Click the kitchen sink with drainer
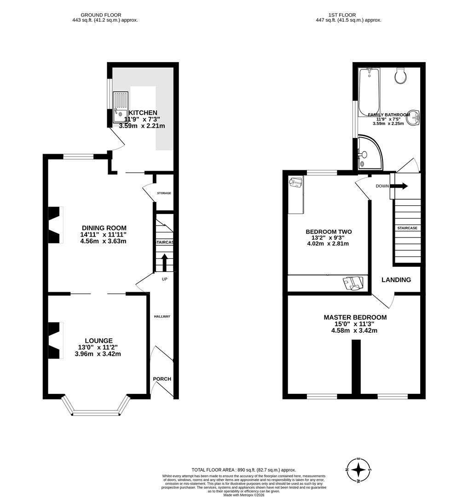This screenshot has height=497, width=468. coord(121,105)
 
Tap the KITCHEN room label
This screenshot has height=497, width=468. coord(143,113)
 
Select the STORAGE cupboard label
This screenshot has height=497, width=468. coord(164,193)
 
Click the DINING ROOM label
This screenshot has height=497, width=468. coord(104,228)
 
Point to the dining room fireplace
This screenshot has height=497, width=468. coord(55,225)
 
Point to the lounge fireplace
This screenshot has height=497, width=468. coord(55,340)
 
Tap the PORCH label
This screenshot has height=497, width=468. coord(162,379)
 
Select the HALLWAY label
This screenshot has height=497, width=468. coord(162,317)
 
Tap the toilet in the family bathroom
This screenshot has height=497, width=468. coord(401,76)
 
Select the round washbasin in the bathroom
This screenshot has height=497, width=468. coord(414,118)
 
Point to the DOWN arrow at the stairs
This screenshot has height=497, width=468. coord(398,186)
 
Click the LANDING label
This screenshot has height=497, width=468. coord(396,280)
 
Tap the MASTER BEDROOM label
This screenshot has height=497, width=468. coord(355,318)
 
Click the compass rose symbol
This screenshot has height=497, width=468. coord(358,470)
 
